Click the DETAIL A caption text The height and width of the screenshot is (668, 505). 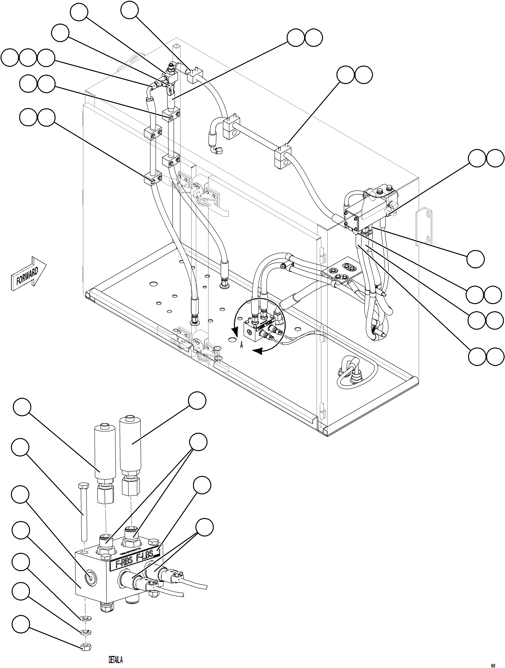click(x=115, y=660)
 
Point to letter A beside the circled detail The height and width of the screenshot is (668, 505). click(x=241, y=345)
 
